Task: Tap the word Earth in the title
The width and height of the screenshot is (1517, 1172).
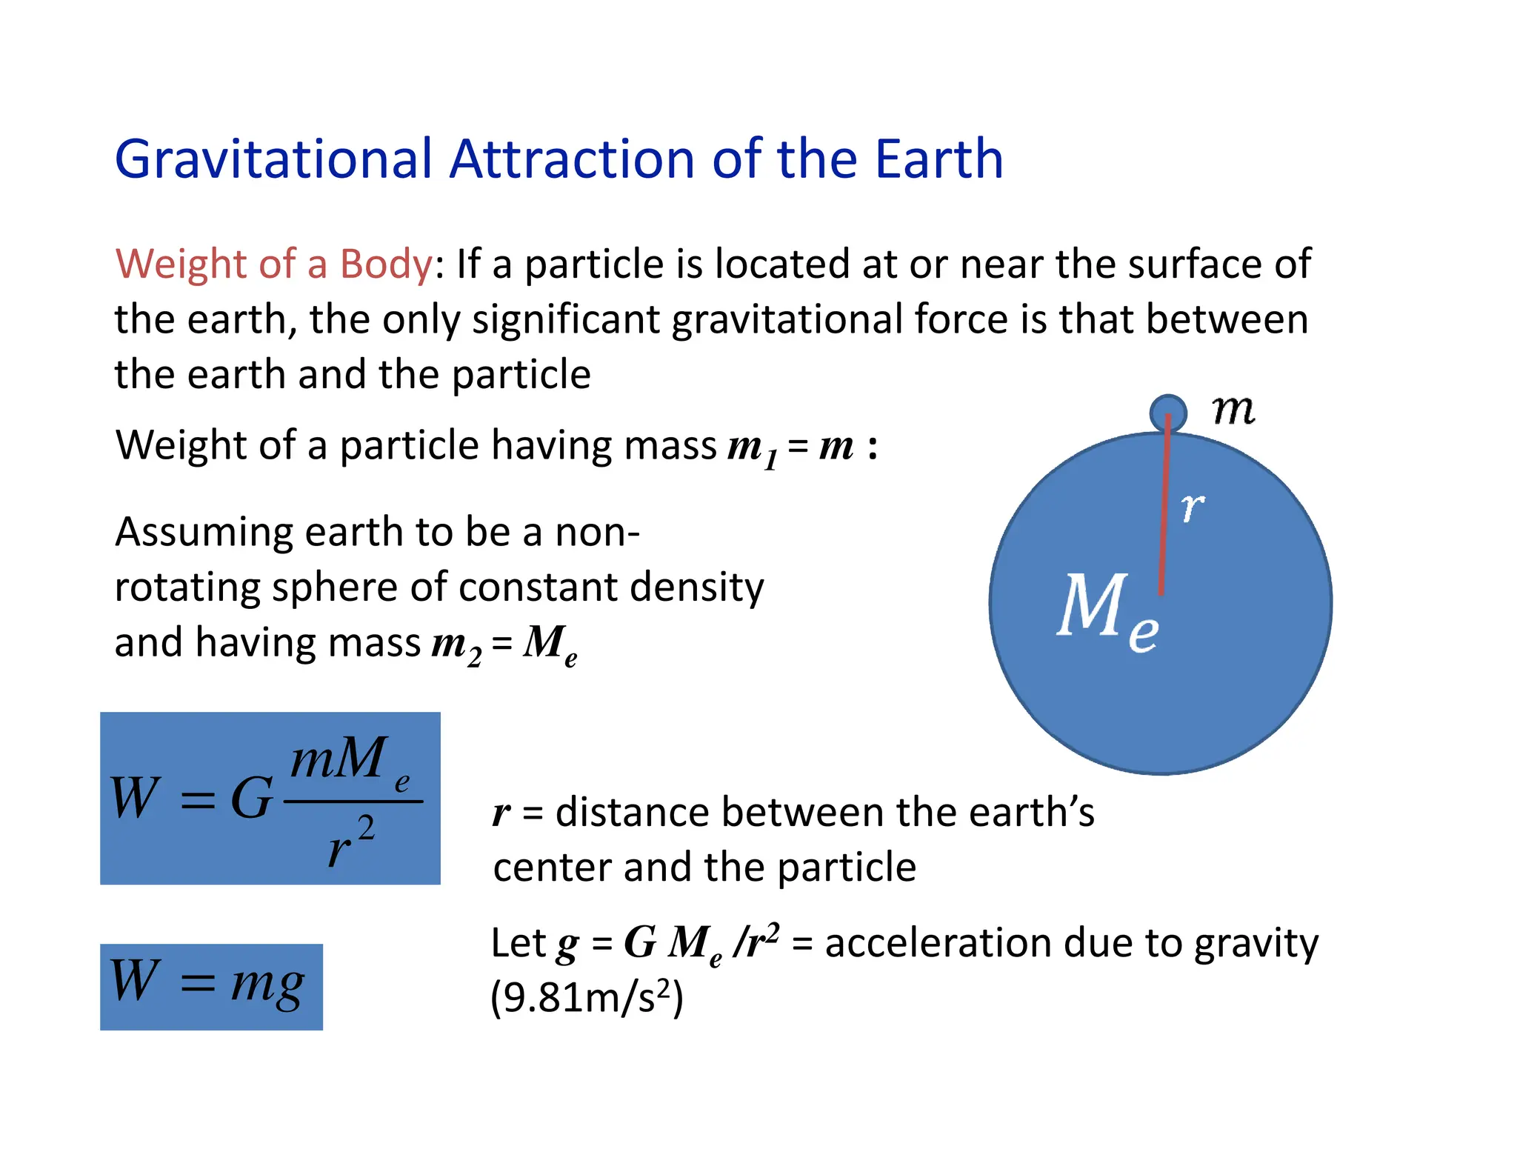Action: tap(938, 159)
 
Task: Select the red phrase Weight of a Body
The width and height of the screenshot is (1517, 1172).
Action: tap(273, 264)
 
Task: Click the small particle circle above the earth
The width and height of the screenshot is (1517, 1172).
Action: tap(1168, 412)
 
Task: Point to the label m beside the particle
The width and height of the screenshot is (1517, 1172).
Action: tap(1233, 410)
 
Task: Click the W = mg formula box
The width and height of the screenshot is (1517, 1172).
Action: tap(211, 986)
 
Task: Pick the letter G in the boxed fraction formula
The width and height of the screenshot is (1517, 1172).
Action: tap(251, 799)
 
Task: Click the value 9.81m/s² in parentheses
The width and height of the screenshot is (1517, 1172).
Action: tap(587, 997)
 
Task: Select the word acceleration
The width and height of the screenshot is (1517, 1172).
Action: tap(938, 943)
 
